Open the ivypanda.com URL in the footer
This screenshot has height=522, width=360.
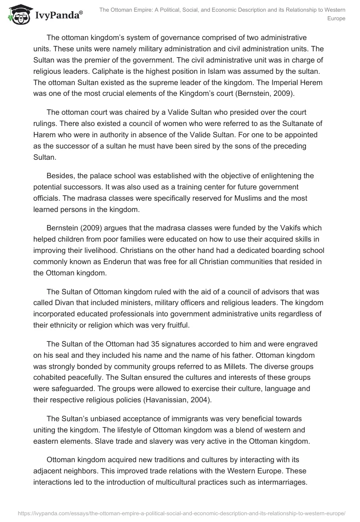[x=180, y=513]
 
